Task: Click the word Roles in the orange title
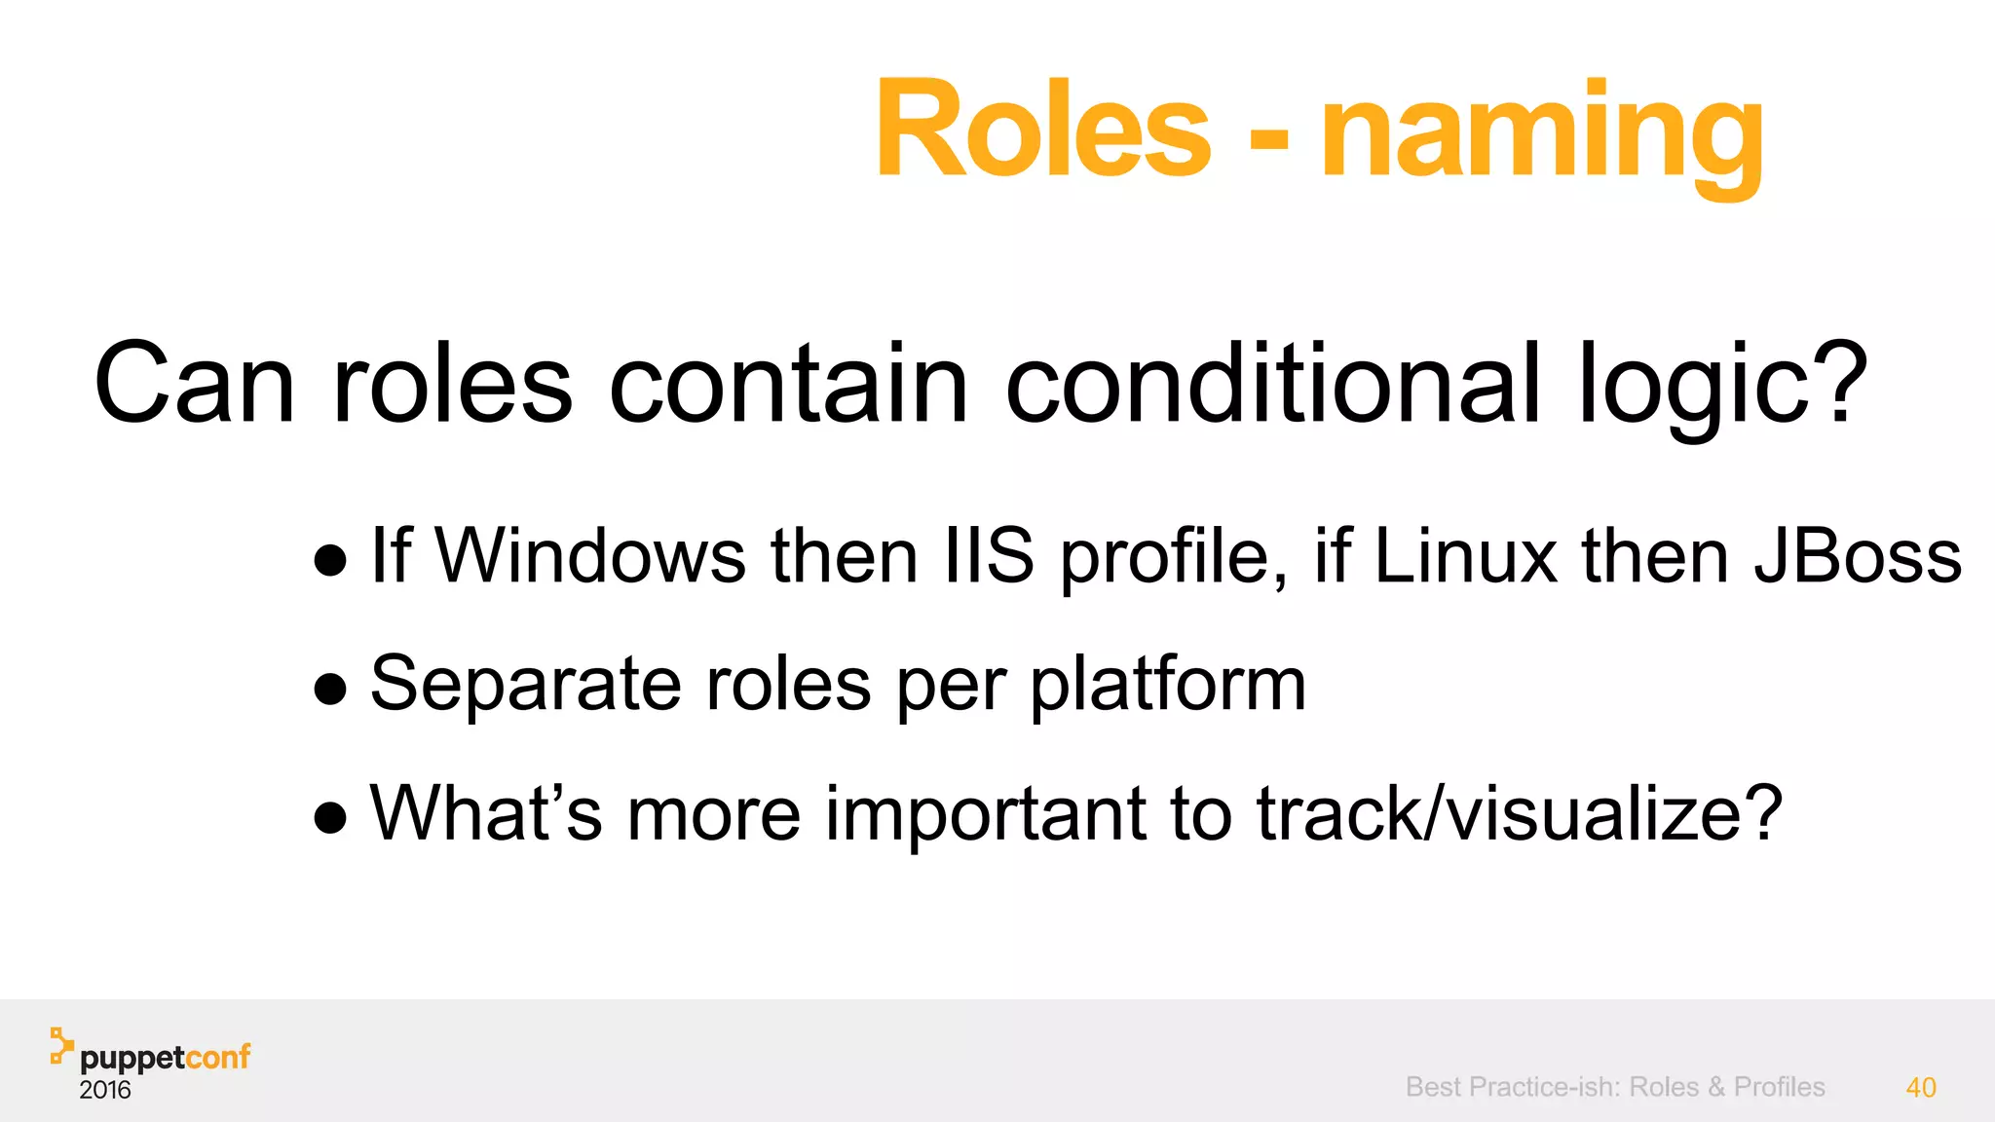click(1042, 131)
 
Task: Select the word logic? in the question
click(1722, 386)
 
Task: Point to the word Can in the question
click(194, 384)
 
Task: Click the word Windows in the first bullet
click(590, 555)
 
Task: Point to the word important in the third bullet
click(985, 812)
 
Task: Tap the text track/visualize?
click(1519, 812)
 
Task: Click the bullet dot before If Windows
click(331, 561)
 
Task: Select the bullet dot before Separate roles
click(331, 690)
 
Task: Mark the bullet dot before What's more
click(331, 818)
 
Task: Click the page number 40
click(1920, 1087)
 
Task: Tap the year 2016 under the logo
click(105, 1090)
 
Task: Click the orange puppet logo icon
click(61, 1044)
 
